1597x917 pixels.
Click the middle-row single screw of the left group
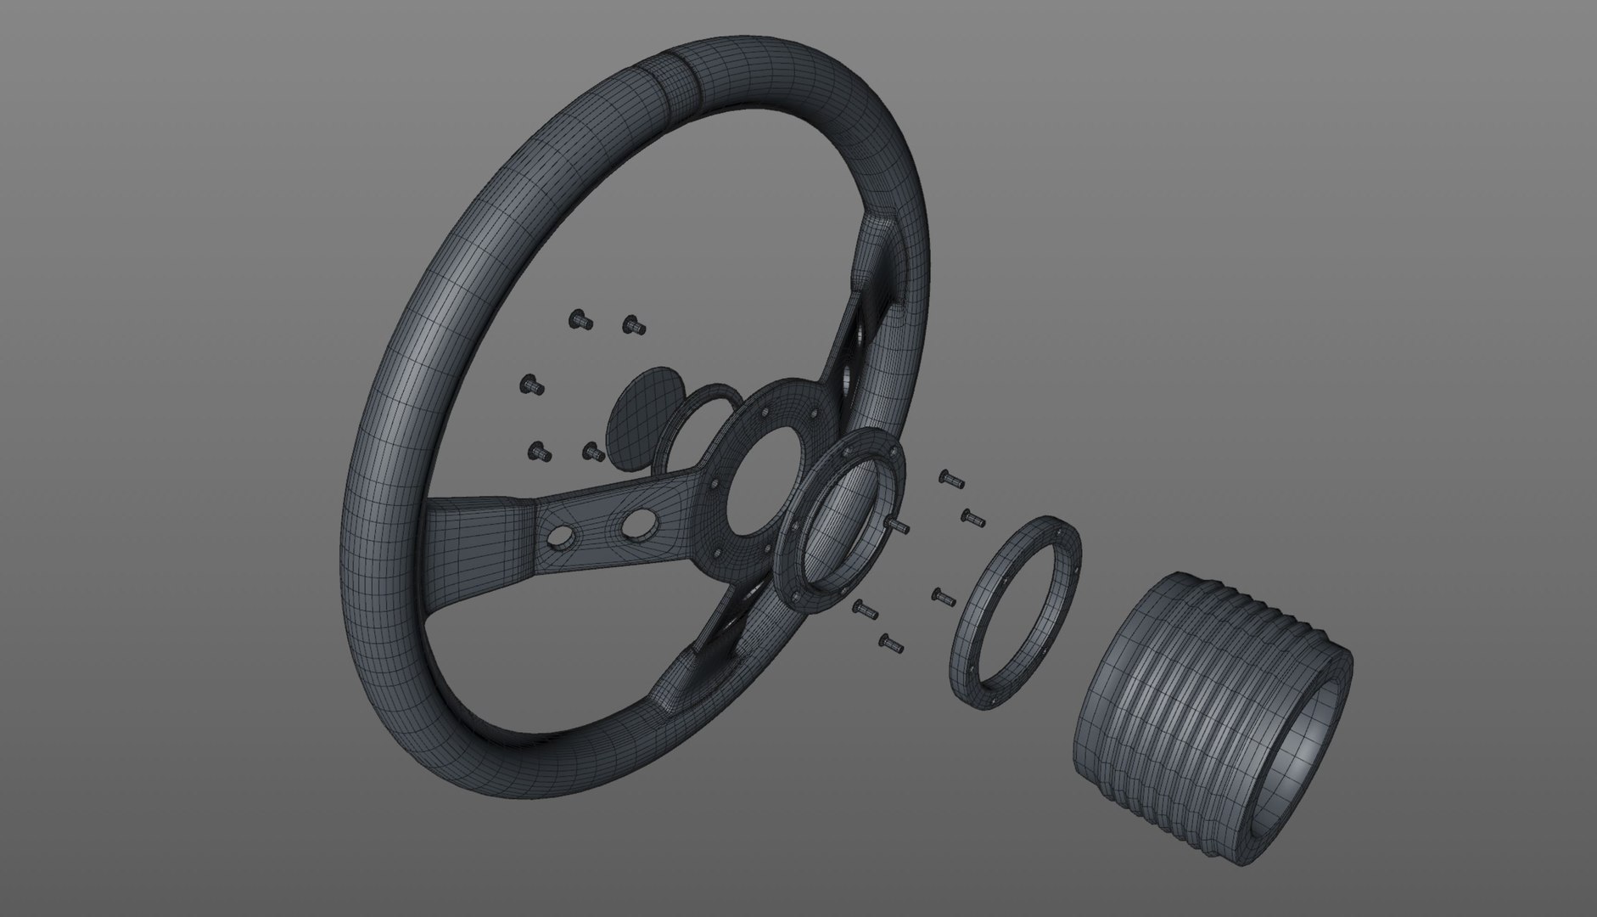point(531,385)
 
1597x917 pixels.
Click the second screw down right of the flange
point(972,516)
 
